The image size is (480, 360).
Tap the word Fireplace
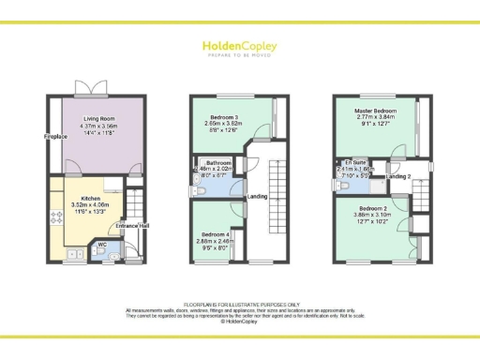tap(53, 137)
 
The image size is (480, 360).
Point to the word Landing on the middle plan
tap(258, 196)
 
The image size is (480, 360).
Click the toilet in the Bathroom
tap(203, 192)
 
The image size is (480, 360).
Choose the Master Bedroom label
tap(376, 111)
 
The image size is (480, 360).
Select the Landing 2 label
tap(398, 175)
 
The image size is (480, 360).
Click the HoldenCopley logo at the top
tap(240, 44)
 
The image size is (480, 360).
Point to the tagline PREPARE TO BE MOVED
tap(240, 53)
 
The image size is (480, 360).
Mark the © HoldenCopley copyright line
tap(240, 322)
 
